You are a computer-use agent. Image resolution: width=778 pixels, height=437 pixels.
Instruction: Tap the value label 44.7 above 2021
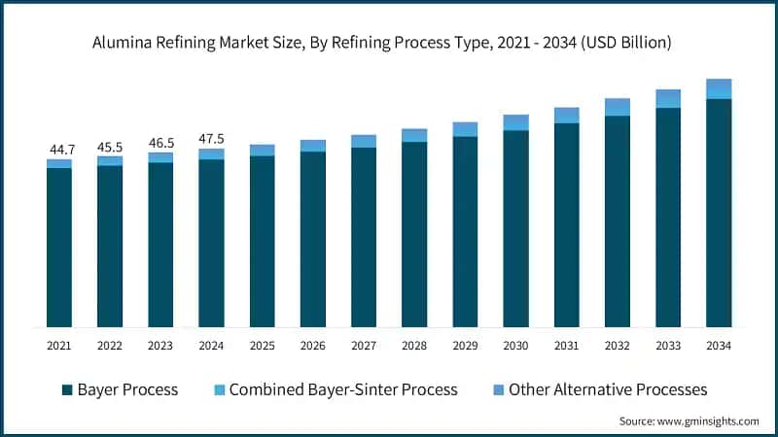[x=59, y=150]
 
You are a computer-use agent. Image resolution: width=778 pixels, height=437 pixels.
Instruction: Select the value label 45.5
[x=110, y=147]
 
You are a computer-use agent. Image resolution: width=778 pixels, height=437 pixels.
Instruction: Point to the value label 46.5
[x=160, y=143]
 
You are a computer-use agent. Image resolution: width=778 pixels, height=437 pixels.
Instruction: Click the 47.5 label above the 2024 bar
[x=211, y=139]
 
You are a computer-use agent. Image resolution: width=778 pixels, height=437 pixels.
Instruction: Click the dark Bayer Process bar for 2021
[x=59, y=247]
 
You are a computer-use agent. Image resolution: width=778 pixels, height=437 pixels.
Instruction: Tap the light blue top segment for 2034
[x=719, y=88]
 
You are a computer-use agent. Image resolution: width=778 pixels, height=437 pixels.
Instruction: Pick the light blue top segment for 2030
[x=515, y=122]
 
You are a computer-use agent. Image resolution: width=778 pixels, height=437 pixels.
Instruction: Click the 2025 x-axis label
[x=263, y=345]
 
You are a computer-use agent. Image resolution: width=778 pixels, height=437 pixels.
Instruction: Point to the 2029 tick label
[x=465, y=345]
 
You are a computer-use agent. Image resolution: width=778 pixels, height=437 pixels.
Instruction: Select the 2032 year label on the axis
[x=618, y=345]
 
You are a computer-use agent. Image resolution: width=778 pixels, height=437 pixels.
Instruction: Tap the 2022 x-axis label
[x=110, y=345]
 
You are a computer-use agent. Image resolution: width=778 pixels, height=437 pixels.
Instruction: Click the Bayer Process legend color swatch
[x=67, y=389]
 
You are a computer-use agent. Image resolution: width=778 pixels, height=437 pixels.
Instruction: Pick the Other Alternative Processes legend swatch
[x=500, y=389]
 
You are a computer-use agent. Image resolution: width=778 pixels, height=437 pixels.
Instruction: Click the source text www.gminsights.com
[x=709, y=420]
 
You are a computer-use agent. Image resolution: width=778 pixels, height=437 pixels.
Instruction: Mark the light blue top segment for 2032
[x=618, y=107]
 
